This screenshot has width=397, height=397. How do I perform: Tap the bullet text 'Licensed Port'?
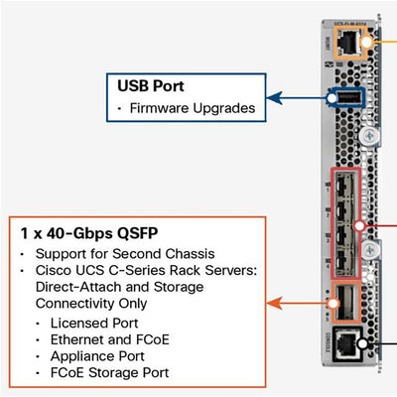(95, 324)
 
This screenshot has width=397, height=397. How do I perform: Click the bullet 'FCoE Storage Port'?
(110, 372)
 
